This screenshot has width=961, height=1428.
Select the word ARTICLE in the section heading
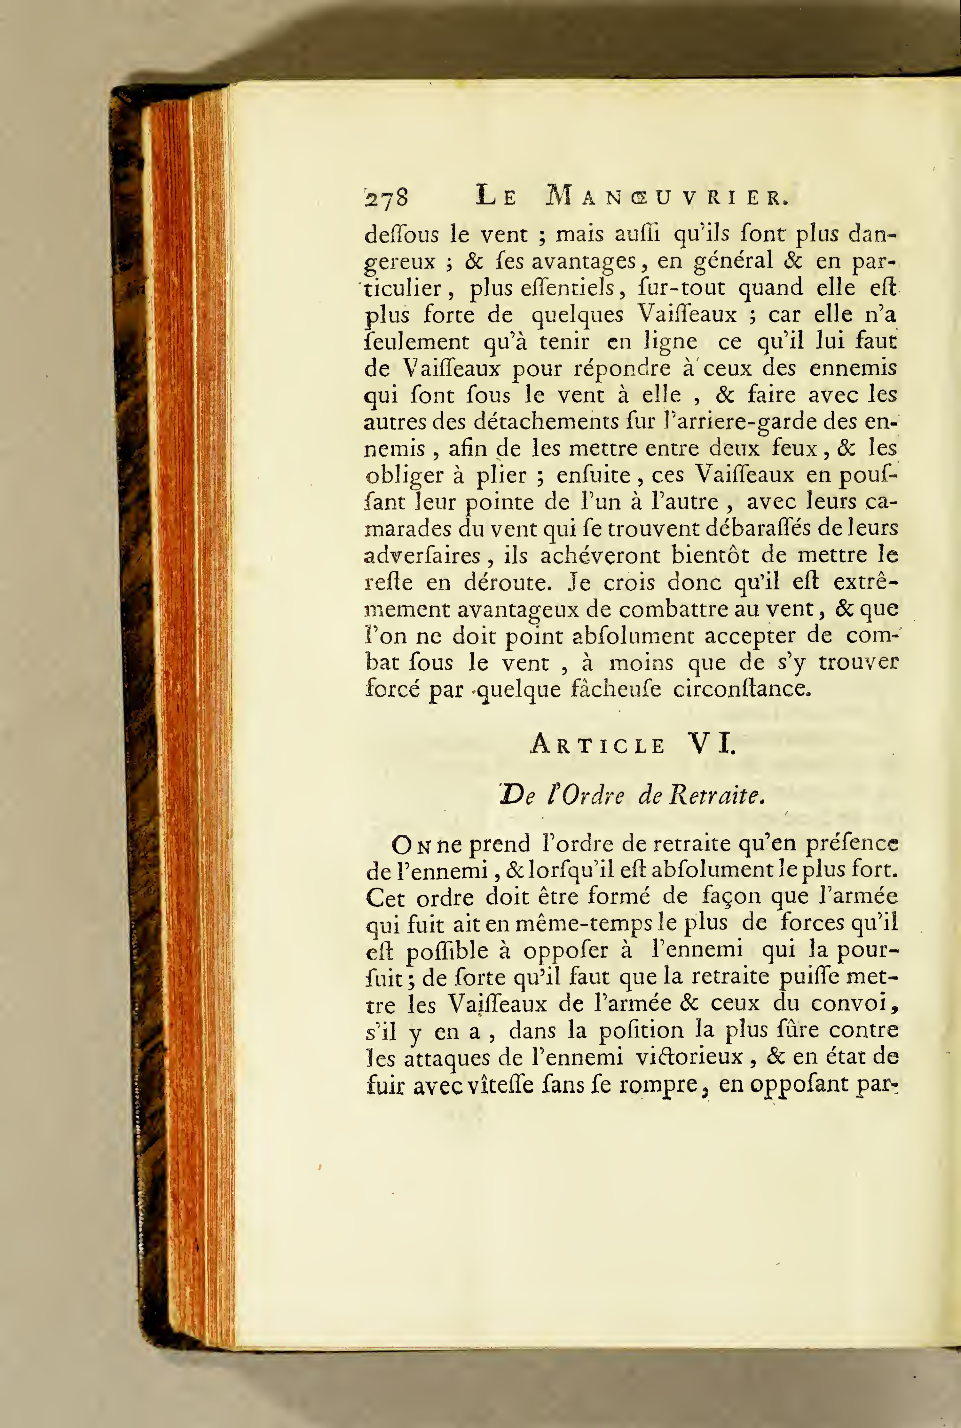click(597, 745)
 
